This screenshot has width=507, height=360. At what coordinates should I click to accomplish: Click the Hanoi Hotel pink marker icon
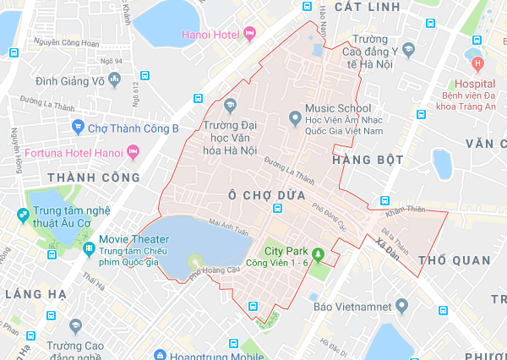click(x=249, y=34)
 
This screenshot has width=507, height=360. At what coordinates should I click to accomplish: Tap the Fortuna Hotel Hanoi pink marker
click(x=132, y=153)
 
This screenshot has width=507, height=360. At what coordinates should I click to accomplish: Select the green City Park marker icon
click(x=319, y=253)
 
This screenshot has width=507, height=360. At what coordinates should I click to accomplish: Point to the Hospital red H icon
click(x=478, y=63)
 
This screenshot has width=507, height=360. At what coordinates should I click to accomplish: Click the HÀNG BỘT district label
click(x=368, y=160)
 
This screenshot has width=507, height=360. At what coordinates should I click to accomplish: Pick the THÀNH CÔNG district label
click(x=94, y=177)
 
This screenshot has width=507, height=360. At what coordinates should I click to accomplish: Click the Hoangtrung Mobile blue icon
click(x=161, y=356)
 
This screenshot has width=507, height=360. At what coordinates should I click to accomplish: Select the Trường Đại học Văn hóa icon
click(x=230, y=106)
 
